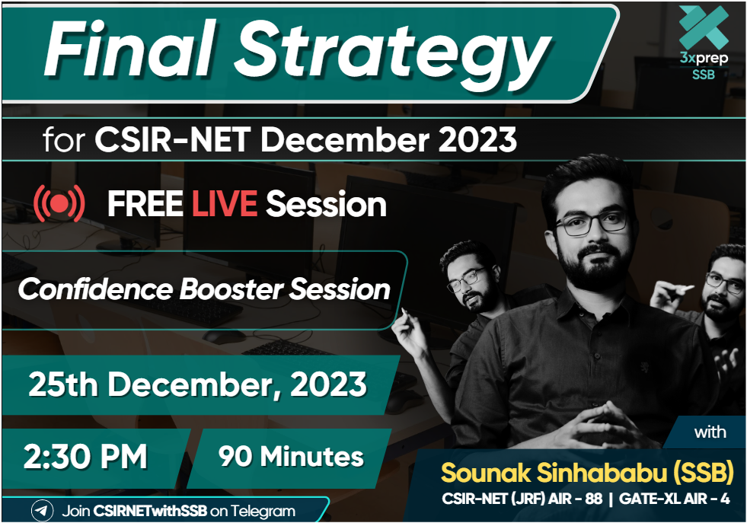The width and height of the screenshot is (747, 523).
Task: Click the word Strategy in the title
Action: coord(394,53)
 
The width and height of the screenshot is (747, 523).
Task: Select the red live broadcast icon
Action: coord(59,204)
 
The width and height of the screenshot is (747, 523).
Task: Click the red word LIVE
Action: coord(225,204)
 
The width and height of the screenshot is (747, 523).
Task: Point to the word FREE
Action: coord(145,204)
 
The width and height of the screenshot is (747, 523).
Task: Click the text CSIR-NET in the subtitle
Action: coord(172,139)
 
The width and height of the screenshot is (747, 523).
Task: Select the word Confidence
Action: coord(95,289)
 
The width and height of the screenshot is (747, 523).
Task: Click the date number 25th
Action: coord(63,384)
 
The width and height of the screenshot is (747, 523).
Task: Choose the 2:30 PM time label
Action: coord(86,456)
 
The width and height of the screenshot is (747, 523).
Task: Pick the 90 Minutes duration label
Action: coord(291,456)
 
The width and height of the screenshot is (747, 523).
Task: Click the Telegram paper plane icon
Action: coord(43,511)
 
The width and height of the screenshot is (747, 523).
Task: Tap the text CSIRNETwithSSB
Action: coord(150,511)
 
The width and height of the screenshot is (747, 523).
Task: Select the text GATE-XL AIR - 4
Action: coord(674,499)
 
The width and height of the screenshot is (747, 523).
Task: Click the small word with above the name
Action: coord(710,432)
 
